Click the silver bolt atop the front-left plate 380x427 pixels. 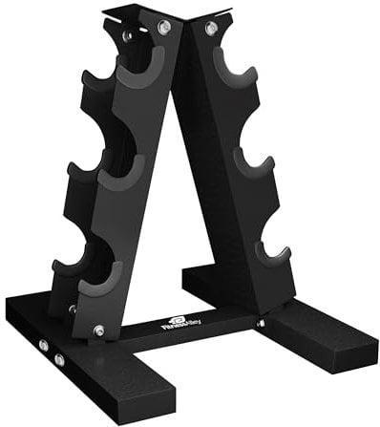coord(163,28)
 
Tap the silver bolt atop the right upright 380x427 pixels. coord(210,30)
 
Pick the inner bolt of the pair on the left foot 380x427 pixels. coord(59,359)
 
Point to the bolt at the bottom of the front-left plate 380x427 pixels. coord(99,331)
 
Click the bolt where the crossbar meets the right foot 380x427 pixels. coord(260,323)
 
